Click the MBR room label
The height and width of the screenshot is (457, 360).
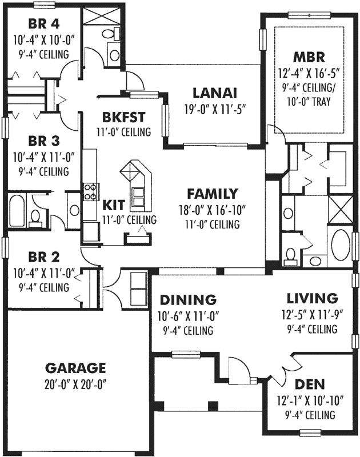(309, 57)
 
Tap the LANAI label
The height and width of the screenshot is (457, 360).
(215, 93)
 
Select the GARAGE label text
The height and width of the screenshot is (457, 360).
(76, 367)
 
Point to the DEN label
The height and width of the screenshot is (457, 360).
(309, 386)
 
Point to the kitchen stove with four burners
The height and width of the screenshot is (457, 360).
(90, 191)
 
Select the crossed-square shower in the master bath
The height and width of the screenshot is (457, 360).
(339, 204)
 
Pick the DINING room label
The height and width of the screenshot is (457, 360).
(187, 300)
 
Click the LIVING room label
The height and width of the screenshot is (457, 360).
(312, 298)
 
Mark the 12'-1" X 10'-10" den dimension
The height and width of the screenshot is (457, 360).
(309, 400)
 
